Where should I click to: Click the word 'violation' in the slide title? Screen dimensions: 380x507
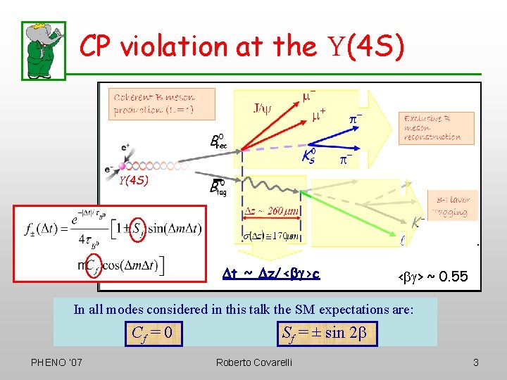175,46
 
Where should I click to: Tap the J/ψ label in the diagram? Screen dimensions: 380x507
262,108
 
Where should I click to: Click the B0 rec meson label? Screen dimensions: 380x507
218,141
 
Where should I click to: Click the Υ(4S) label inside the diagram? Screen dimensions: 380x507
132,181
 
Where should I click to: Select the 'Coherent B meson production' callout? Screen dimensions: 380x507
154,103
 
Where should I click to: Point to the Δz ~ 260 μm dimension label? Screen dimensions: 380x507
273,211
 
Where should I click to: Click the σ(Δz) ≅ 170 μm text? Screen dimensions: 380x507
272,235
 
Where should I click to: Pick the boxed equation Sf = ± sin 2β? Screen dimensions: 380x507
325,331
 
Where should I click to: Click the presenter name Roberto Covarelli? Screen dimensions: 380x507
254,362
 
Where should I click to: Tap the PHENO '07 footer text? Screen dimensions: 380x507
57,362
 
